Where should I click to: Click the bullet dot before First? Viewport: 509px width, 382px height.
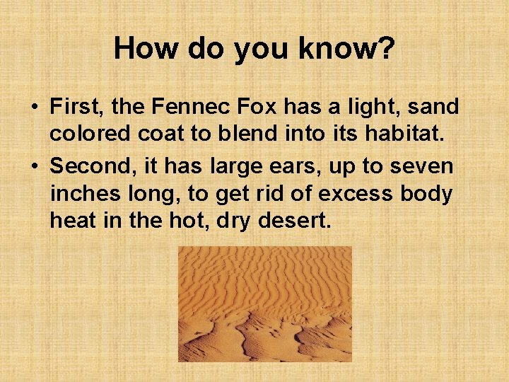point(34,108)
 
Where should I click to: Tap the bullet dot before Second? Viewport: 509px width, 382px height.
point(34,167)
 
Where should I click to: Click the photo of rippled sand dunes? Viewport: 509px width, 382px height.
point(264,303)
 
